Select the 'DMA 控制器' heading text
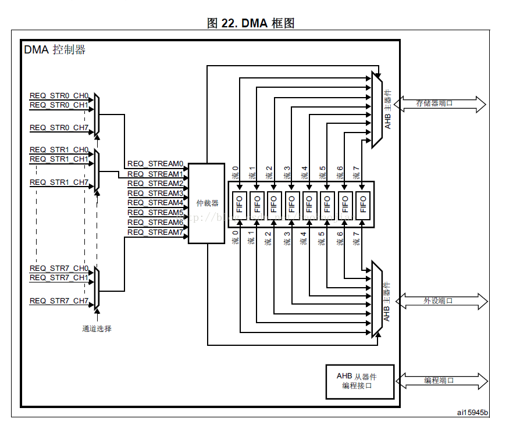(55, 50)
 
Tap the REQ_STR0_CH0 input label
(59, 95)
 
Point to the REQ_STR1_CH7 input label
(59, 183)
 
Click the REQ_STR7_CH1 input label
(59, 278)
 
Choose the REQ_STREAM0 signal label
(155, 164)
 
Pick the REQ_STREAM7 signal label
(155, 233)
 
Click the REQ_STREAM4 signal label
(155, 203)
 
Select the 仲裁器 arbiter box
(206, 203)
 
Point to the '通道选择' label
(97, 329)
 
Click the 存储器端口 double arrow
(440, 103)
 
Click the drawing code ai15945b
(472, 412)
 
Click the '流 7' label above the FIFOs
(356, 173)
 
